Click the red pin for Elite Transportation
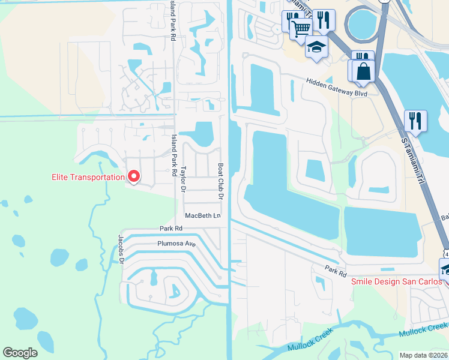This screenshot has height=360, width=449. click(x=133, y=176)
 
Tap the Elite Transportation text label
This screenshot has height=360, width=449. click(x=88, y=177)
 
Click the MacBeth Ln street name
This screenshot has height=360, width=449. click(x=202, y=215)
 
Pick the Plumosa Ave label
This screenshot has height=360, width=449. click(x=176, y=244)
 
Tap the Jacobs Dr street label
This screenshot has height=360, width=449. click(x=121, y=249)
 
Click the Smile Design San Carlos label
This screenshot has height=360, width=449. click(x=396, y=281)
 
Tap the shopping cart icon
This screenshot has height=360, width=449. click(x=301, y=28)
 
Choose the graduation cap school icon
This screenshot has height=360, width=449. click(x=316, y=46)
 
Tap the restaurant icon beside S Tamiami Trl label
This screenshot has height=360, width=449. click(x=415, y=120)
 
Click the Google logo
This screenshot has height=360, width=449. click(x=20, y=353)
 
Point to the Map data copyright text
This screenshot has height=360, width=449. click(x=423, y=355)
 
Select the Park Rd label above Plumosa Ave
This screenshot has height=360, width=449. click(x=170, y=229)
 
